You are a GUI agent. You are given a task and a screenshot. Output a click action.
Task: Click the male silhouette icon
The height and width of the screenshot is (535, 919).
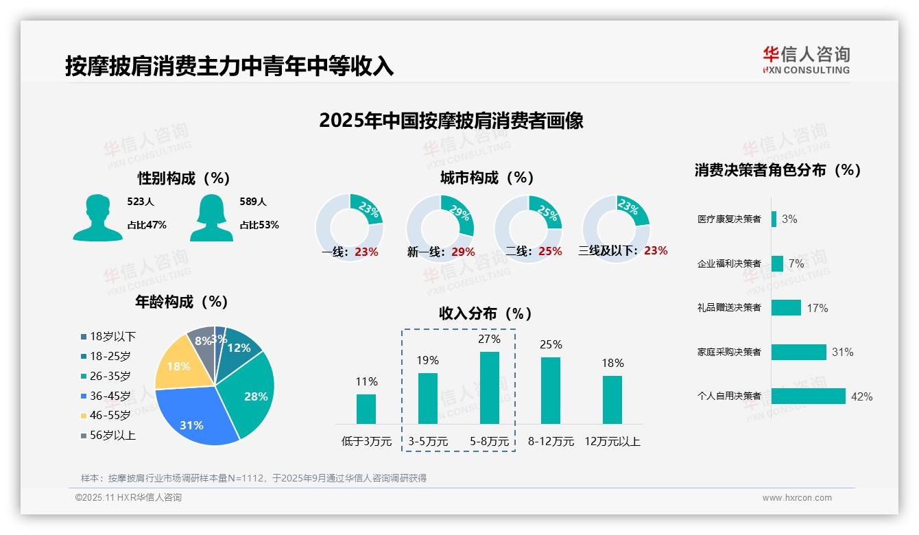click(x=98, y=217)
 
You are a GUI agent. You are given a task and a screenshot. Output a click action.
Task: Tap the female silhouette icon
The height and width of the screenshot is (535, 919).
click(x=211, y=217)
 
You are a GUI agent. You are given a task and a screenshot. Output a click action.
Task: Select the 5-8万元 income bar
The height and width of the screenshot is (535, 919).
click(x=489, y=388)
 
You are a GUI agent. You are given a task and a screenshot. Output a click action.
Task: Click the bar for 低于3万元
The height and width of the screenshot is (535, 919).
click(x=366, y=409)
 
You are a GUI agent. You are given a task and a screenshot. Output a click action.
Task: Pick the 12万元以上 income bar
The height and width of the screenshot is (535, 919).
click(x=612, y=399)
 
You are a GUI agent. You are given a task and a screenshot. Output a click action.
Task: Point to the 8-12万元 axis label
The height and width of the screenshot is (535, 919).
click(x=551, y=442)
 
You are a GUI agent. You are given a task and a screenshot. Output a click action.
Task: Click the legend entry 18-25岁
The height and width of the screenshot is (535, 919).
click(x=110, y=356)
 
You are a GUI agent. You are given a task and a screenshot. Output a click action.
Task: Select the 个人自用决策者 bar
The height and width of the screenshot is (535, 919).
click(x=808, y=396)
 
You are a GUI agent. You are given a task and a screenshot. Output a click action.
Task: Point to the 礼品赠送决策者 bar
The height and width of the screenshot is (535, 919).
click(x=786, y=307)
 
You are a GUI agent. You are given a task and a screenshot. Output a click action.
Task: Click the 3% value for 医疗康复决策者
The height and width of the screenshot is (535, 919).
click(x=789, y=219)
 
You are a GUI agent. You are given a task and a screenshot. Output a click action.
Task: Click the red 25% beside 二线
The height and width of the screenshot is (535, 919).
click(x=550, y=252)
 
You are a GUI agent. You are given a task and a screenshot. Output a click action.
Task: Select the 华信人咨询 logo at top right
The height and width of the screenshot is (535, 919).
click(x=806, y=60)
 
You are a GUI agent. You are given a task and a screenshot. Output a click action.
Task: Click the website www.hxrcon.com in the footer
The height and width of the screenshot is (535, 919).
click(x=797, y=498)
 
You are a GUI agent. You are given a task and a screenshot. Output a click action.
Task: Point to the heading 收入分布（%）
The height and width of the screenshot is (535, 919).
click(x=486, y=313)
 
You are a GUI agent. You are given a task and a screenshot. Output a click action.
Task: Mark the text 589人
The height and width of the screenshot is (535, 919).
click(x=253, y=202)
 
